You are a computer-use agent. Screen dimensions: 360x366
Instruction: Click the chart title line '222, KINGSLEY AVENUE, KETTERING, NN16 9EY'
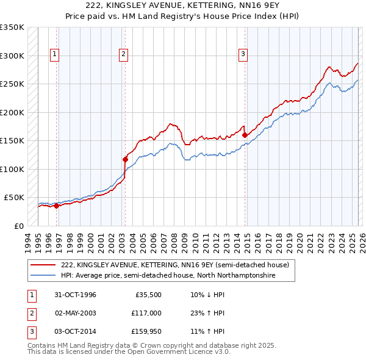point(182,6)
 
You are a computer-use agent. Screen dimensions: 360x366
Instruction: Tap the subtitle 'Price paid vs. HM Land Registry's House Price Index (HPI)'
point(182,16)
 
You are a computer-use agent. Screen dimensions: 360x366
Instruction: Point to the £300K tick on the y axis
point(12,56)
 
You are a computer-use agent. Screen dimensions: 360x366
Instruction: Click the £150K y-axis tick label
point(12,141)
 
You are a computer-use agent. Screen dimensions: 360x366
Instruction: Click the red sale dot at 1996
point(57,206)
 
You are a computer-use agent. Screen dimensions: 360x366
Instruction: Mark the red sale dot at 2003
point(125,159)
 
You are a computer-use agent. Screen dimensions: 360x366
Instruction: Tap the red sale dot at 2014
point(245,135)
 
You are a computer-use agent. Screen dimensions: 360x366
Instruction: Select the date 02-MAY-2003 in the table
point(76,313)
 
